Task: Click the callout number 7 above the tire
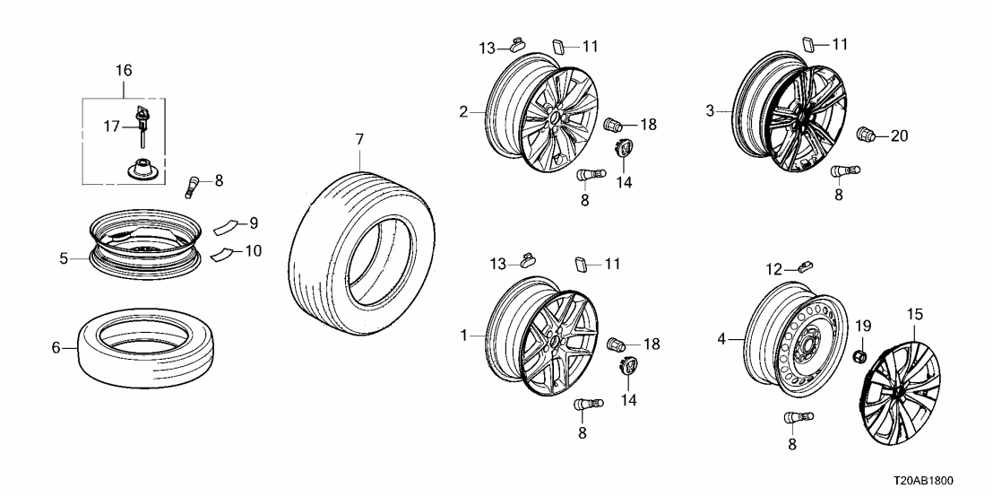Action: pyautogui.click(x=359, y=139)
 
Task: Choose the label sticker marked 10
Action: pyautogui.click(x=224, y=254)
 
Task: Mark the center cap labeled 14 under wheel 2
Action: pyautogui.click(x=623, y=149)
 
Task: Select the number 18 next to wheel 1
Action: pyautogui.click(x=649, y=344)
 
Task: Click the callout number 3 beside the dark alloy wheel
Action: pyautogui.click(x=710, y=111)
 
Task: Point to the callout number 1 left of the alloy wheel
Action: pyautogui.click(x=464, y=335)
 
